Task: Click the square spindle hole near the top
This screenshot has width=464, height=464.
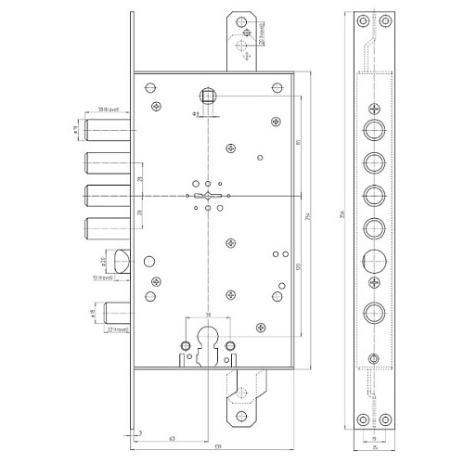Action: pos(207,94)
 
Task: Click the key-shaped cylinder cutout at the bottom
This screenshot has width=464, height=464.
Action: pos(207,342)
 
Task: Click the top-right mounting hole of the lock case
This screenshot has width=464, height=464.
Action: pos(276,88)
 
